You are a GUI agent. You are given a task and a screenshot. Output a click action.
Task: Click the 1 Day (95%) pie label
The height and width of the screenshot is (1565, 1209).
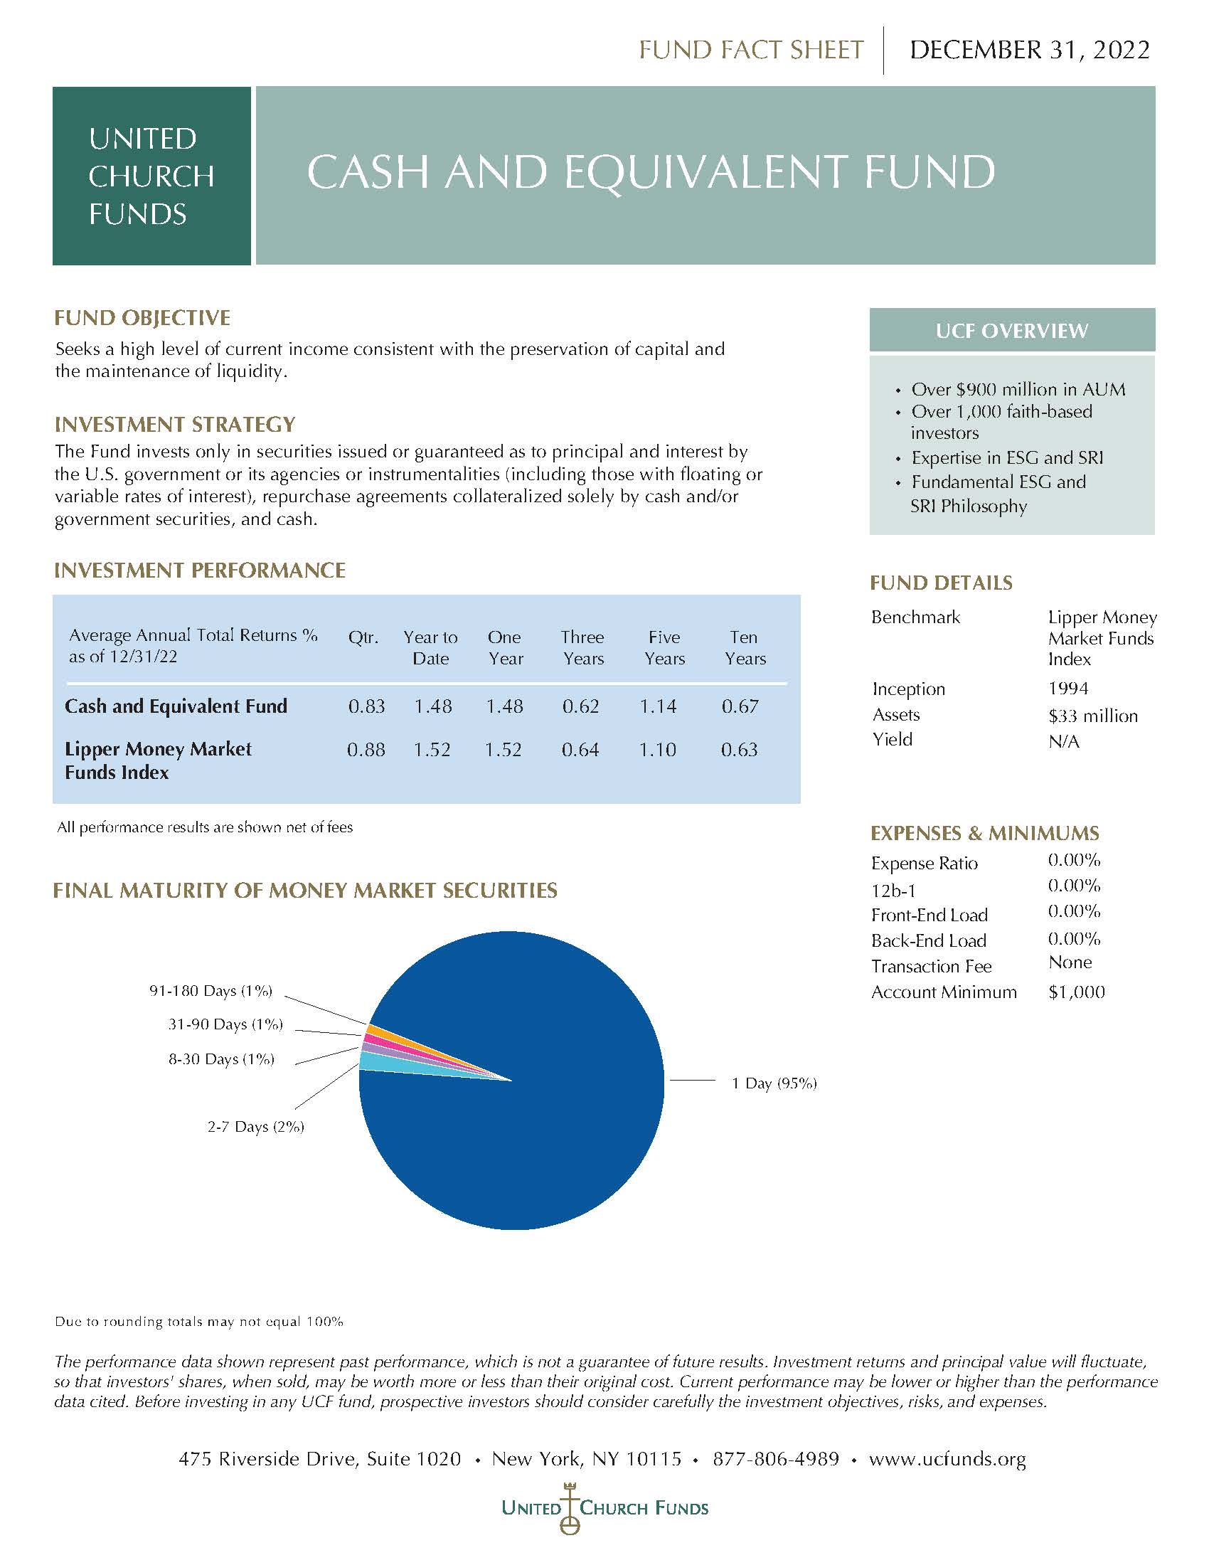774,1083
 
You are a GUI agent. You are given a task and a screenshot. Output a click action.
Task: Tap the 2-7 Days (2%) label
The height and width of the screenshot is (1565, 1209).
256,1127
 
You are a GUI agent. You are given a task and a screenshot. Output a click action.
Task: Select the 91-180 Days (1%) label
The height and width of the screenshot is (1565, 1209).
211,990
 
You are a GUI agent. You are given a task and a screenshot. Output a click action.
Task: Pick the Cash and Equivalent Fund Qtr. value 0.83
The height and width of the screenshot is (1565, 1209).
366,706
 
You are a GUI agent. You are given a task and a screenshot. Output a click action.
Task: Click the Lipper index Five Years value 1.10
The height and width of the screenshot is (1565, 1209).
657,750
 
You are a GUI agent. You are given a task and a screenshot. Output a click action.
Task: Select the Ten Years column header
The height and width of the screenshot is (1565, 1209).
744,647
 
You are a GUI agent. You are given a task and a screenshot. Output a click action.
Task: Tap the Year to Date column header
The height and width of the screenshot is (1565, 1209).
430,647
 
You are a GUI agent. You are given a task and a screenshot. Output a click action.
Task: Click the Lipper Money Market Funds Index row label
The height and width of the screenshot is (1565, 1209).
158,760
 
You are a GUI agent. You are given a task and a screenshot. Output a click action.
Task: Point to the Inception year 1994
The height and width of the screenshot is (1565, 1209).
1068,689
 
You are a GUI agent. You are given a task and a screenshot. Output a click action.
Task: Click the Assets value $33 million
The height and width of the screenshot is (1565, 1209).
1092,716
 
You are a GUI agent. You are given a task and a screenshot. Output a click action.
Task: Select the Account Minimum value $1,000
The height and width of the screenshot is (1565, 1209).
1076,992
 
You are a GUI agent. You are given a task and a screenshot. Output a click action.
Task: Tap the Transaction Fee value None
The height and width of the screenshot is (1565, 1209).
1070,962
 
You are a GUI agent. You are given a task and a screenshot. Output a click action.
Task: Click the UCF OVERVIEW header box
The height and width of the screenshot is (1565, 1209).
1011,330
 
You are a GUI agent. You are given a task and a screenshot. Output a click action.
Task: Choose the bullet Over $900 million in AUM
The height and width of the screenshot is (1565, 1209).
1017,389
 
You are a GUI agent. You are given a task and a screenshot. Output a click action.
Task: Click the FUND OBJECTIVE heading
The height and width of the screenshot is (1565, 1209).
142,317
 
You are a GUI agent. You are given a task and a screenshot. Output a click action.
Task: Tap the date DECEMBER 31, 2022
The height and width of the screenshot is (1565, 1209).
1028,50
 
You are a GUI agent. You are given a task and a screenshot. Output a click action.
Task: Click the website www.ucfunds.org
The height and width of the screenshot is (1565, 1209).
947,1459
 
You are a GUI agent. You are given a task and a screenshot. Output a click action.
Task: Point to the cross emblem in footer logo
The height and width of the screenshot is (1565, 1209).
570,1506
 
